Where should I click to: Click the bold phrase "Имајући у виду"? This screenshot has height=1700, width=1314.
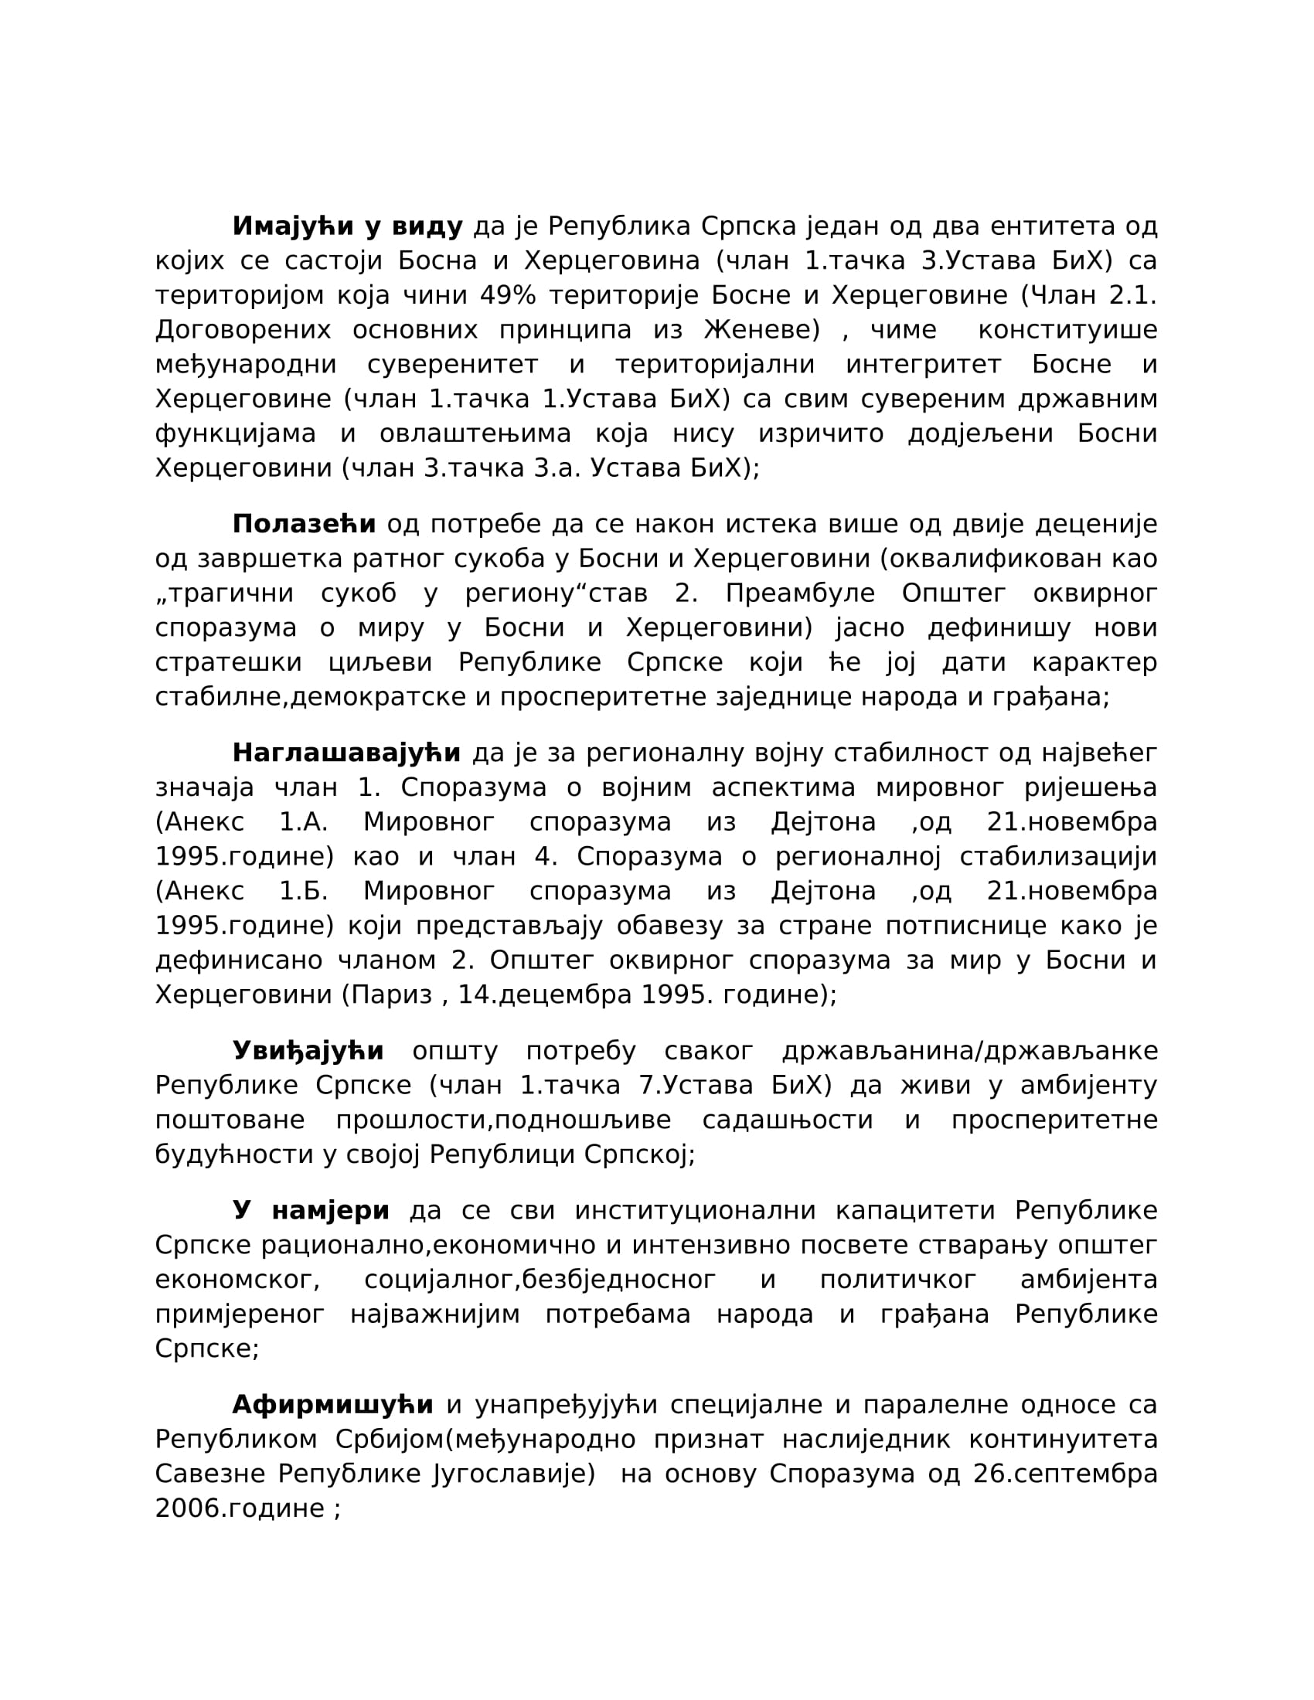coord(347,226)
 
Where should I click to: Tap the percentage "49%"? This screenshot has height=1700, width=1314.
coord(508,296)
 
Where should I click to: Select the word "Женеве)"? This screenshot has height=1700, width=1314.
coord(762,330)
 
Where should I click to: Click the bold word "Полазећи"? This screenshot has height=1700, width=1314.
coord(305,525)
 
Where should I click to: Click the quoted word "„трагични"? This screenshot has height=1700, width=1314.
coord(224,594)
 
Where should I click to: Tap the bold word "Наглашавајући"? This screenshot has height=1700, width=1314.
coord(346,753)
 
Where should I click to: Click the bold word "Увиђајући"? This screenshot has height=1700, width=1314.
coord(308,1052)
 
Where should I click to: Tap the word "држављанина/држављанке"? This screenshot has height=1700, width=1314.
coord(970,1052)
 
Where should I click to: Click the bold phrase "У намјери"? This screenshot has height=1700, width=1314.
coord(311,1211)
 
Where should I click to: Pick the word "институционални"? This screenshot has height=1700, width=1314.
coord(695,1211)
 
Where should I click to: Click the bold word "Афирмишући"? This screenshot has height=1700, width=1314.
coord(333,1405)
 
